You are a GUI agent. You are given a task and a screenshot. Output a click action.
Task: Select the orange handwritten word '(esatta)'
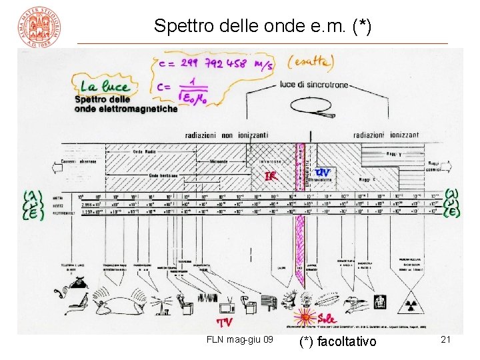311,63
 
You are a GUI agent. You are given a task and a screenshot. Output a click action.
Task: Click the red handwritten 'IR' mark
271,176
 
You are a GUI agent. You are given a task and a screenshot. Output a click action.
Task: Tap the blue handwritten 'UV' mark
323,172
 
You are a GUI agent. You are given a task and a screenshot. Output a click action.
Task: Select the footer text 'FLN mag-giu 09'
239,340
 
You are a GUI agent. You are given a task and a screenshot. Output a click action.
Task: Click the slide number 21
446,340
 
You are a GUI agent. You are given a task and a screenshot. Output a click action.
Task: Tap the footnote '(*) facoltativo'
338,341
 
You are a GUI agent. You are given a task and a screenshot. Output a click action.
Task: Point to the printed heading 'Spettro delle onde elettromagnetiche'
126,103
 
